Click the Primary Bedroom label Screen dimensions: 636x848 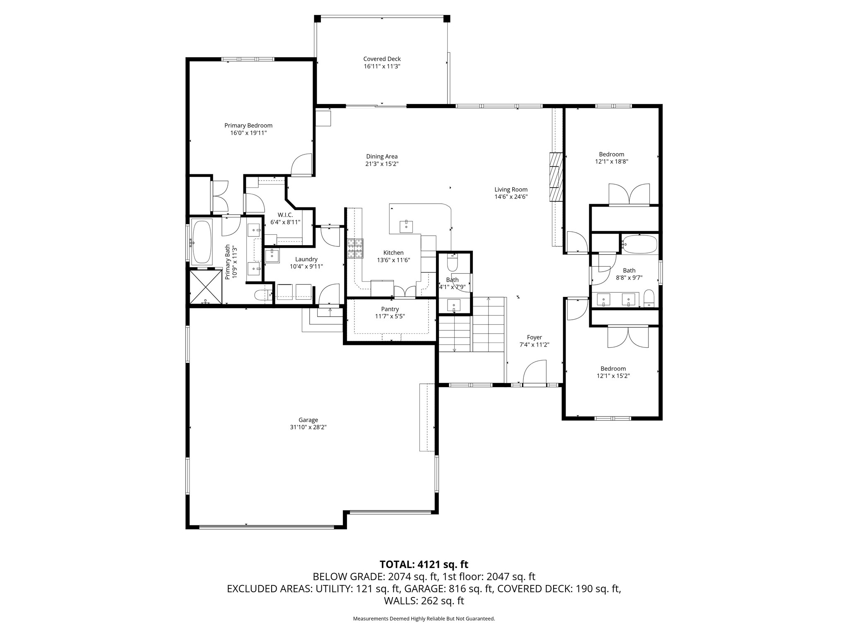point(248,125)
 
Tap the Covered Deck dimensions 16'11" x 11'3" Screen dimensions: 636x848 point(382,67)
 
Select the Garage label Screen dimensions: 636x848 point(308,420)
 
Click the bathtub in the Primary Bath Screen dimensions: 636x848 point(202,242)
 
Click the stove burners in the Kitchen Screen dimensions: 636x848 point(355,249)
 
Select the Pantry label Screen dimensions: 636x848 point(390,309)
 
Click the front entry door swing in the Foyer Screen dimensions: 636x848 point(535,373)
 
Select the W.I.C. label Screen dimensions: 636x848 point(285,215)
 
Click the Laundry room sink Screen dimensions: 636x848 point(272,255)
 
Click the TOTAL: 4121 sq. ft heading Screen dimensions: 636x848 point(424,564)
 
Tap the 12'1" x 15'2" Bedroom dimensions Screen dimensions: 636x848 point(613,376)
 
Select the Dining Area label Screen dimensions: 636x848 point(382,157)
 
